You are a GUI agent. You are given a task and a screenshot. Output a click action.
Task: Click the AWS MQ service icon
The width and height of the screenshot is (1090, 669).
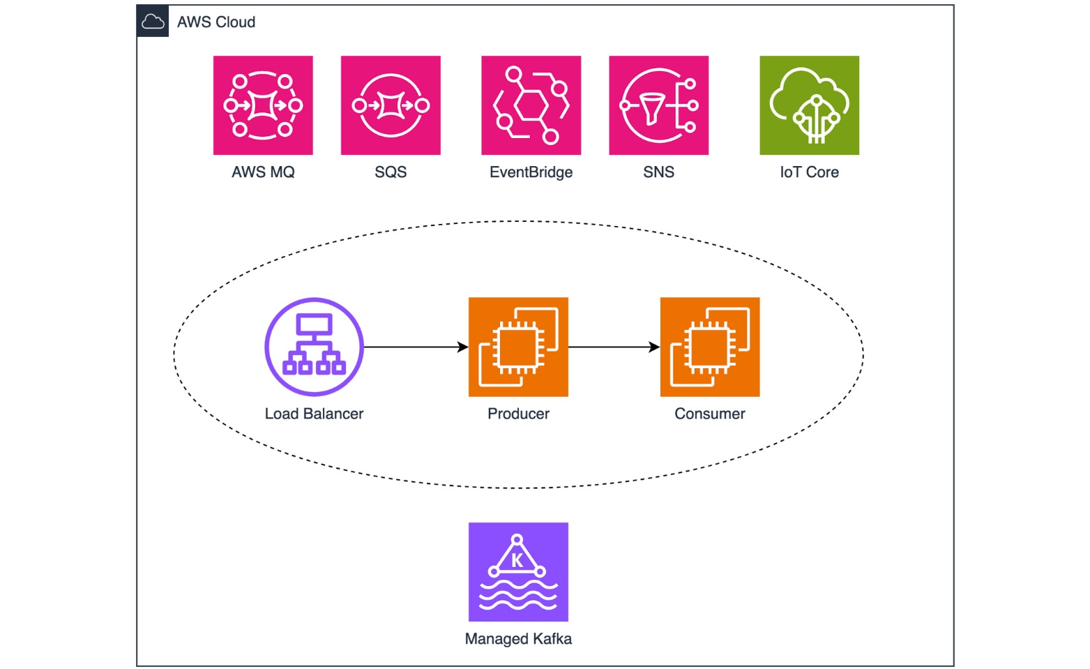(263, 105)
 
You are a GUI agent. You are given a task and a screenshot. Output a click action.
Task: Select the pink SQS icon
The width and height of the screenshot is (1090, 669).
(391, 105)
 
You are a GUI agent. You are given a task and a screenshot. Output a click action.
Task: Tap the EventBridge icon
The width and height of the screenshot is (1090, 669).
(531, 105)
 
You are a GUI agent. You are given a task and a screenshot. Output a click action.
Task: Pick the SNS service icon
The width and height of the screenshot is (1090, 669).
(658, 105)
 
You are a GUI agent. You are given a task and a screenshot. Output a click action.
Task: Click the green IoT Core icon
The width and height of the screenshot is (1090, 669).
(809, 105)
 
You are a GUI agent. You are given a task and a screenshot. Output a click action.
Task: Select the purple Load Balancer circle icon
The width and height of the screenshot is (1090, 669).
(314, 347)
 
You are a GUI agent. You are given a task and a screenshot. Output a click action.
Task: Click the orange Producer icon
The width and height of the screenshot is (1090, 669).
(518, 347)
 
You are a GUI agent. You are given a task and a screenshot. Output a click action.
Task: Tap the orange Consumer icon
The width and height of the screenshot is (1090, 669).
(709, 347)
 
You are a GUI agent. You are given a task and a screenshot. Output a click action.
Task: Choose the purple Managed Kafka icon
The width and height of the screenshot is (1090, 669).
(518, 571)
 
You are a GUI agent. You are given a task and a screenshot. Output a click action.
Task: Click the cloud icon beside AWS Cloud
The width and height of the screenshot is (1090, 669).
(153, 22)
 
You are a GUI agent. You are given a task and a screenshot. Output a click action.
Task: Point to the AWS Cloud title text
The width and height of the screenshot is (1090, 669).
(216, 22)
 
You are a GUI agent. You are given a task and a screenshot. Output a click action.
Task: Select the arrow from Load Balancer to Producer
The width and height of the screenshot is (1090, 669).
(416, 347)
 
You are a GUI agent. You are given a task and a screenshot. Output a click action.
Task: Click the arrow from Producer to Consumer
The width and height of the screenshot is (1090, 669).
(614, 347)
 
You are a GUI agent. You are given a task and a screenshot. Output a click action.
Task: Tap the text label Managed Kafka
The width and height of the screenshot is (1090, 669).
(518, 638)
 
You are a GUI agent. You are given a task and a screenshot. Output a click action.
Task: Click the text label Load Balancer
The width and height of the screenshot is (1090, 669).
(314, 414)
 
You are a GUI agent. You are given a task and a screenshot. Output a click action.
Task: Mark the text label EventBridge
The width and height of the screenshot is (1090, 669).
(531, 172)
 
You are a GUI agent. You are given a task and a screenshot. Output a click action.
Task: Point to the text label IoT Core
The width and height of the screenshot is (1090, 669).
(809, 172)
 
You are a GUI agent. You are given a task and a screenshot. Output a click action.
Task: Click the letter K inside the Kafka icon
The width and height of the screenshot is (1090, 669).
(517, 560)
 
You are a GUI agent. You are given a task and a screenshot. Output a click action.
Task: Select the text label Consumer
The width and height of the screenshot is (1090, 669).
(709, 414)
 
